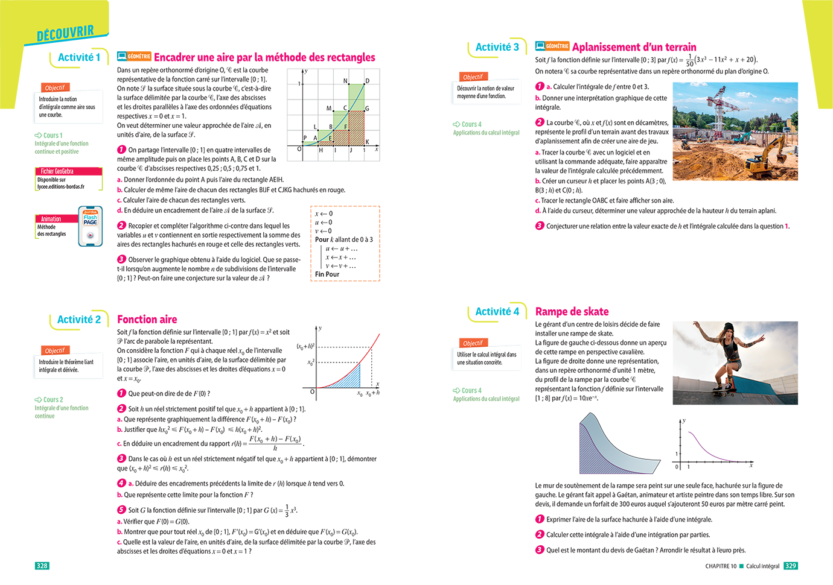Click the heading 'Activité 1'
pos(78,57)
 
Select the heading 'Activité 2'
pos(78,320)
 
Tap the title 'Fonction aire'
pos(147,320)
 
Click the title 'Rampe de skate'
pos(572,312)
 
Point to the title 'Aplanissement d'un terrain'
pos(634,47)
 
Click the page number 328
pos(42,566)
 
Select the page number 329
pos(790,566)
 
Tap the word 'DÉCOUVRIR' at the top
pos(65,33)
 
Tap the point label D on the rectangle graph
pos(367,81)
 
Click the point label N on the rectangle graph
pos(345,81)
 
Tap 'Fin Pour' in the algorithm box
pos(327,274)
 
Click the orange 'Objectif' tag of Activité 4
pos(473,343)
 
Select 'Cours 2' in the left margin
pos(53,400)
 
